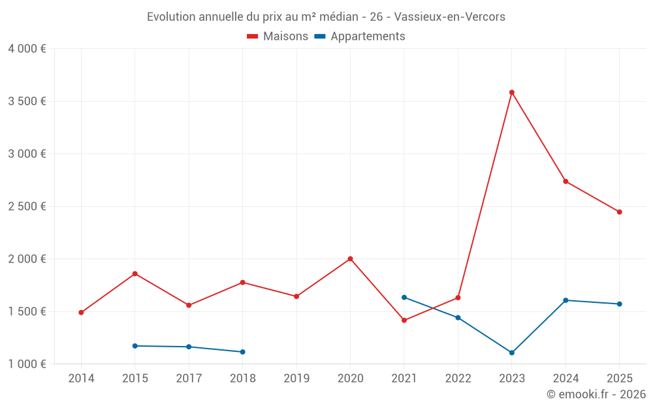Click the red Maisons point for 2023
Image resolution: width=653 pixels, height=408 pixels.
512,92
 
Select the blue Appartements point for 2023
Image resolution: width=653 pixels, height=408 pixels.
512,353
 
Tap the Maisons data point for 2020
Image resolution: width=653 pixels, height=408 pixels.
351,259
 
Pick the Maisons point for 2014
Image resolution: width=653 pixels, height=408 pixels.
81,312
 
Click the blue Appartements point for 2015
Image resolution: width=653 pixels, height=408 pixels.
135,346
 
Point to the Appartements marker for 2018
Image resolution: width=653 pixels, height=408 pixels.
243,352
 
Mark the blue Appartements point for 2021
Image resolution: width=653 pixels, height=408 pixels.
404,297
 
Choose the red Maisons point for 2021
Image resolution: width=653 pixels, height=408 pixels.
404,320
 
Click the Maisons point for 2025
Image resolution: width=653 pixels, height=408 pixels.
620,212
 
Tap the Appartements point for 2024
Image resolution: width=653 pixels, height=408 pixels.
565,300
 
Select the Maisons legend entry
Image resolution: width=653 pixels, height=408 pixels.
278,37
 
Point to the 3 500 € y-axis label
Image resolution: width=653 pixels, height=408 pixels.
27,101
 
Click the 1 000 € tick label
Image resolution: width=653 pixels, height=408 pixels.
27,364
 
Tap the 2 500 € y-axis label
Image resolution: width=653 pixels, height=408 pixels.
27,206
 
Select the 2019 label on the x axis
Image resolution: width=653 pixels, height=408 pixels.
296,379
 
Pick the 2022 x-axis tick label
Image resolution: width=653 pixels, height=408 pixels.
458,379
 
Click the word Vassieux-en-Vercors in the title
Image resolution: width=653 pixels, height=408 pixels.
449,17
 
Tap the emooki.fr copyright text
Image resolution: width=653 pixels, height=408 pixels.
596,394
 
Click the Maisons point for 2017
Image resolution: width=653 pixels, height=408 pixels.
189,305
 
